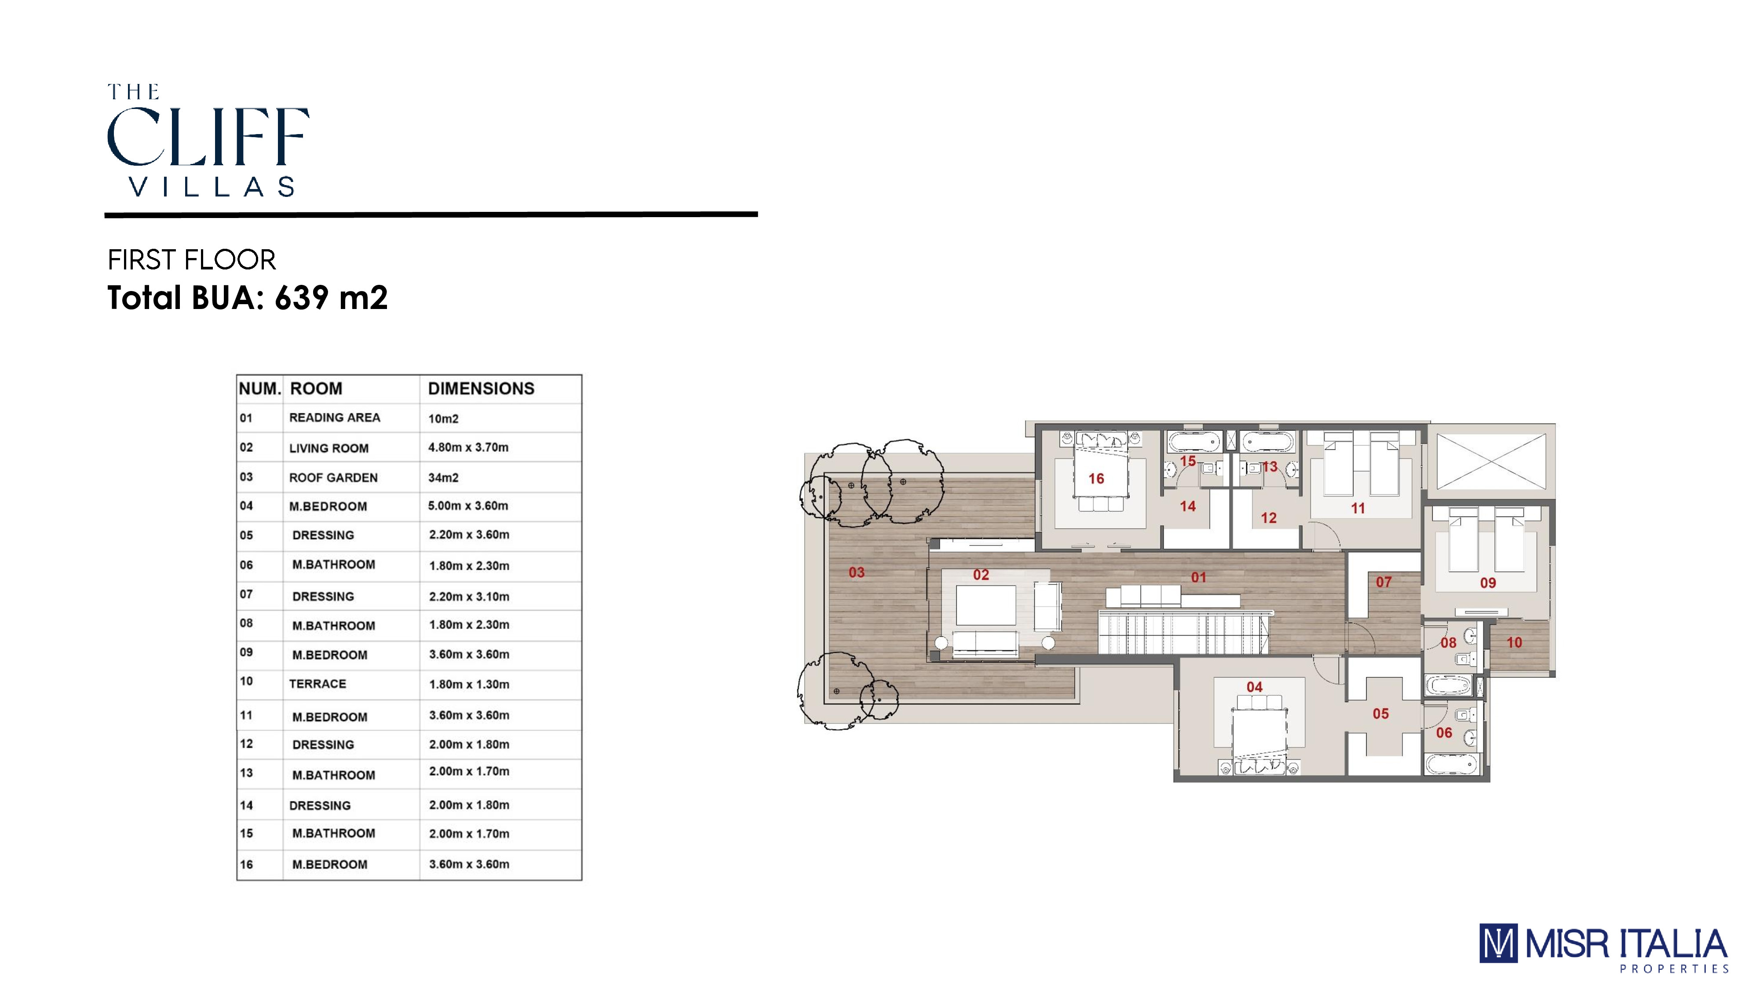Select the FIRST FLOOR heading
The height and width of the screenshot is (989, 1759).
[191, 260]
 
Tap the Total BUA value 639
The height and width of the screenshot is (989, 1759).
[302, 298]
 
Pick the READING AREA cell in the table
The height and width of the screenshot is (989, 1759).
[335, 418]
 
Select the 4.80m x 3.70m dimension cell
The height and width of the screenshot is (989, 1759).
[468, 447]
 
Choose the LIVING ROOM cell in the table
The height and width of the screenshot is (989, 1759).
[328, 448]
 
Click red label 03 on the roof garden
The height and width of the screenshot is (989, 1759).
[856, 573]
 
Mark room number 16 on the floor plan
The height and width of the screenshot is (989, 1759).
[1096, 479]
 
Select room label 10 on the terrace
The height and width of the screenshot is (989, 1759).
[1514, 642]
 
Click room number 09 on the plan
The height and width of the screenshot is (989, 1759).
[1488, 583]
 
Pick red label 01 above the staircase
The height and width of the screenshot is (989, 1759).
[1198, 578]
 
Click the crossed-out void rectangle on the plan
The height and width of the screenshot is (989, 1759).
[1491, 462]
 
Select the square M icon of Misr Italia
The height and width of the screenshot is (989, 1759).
[1498, 943]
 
